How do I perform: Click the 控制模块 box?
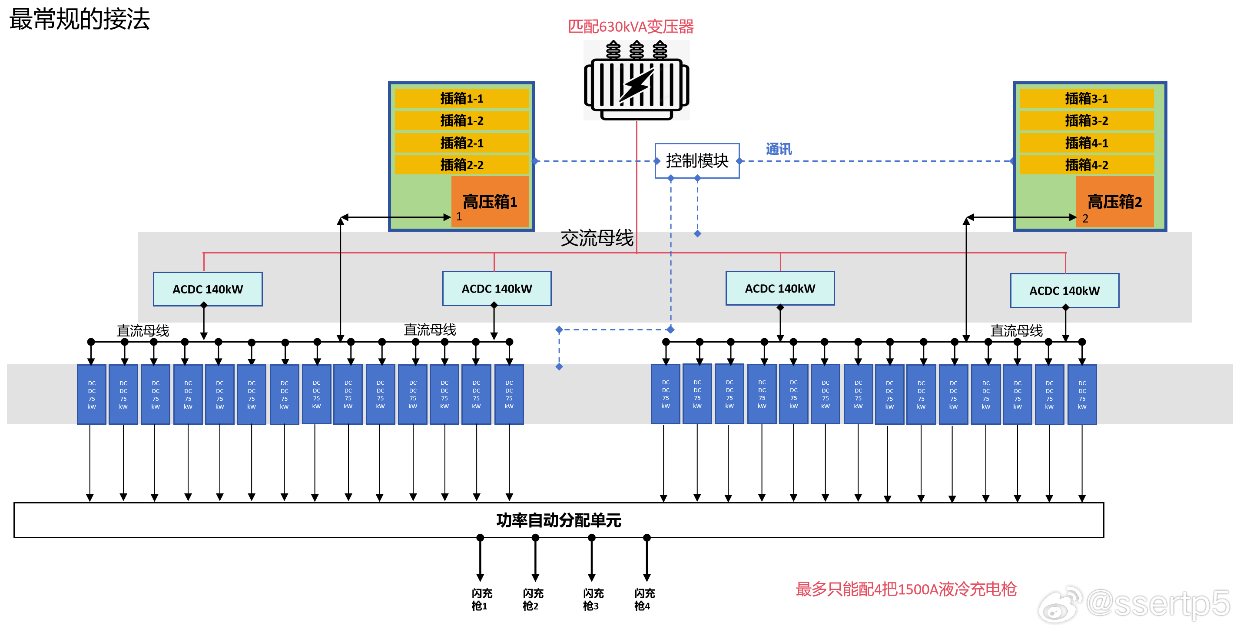[x=696, y=160]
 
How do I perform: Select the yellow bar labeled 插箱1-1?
[x=461, y=98]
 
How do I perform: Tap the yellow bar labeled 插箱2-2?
[x=461, y=165]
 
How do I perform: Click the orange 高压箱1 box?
[x=490, y=201]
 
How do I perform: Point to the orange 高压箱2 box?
[x=1114, y=201]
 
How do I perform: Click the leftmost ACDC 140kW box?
[x=208, y=289]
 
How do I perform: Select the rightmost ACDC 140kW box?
[x=1064, y=290]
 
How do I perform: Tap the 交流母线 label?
[x=597, y=238]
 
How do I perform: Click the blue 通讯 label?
[x=779, y=149]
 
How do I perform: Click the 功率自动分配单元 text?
[x=558, y=520]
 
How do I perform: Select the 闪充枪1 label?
[x=481, y=599]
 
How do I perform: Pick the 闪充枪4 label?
[x=644, y=599]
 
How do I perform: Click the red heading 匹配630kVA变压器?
[x=630, y=26]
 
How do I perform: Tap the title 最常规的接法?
[x=80, y=19]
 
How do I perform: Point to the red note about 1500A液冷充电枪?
[x=905, y=589]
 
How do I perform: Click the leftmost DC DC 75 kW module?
[x=92, y=394]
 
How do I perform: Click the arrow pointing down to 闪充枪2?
[x=535, y=559]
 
